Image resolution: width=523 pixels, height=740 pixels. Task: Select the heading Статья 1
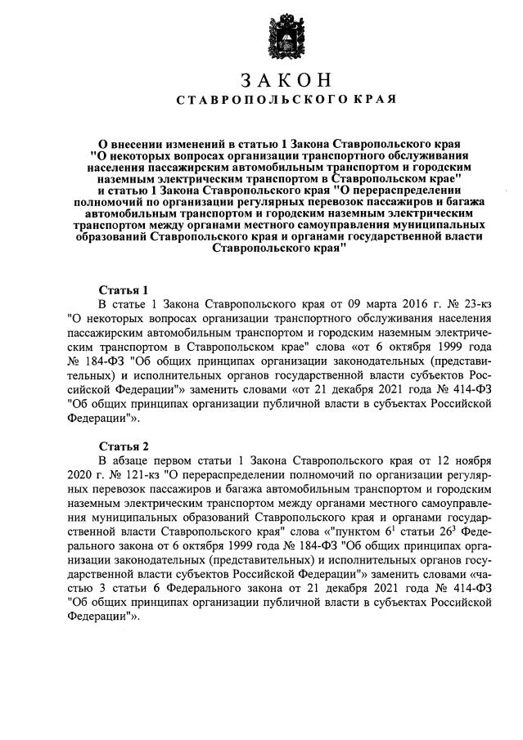pyautogui.click(x=124, y=289)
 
